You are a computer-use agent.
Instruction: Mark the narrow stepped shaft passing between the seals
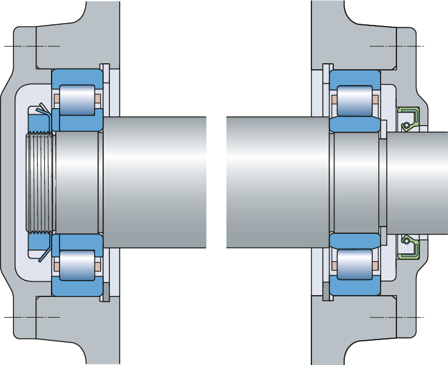(x=419, y=182)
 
